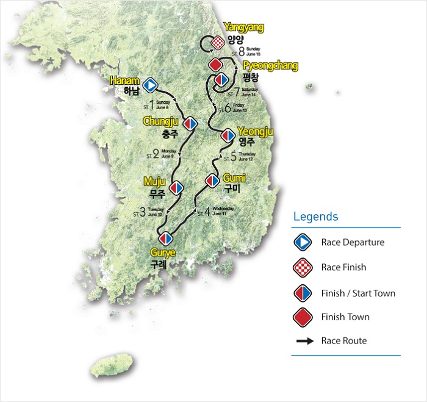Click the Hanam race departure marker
(150, 84)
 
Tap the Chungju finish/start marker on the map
(190, 123)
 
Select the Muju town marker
(176, 187)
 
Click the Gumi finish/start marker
(212, 181)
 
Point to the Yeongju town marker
(228, 135)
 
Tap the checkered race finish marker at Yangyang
(218, 43)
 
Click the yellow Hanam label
(126, 81)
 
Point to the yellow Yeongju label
(255, 131)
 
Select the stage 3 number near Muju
(143, 213)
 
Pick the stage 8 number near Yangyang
(241, 52)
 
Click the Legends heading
(315, 217)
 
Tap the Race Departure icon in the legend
(303, 243)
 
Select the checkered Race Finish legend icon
(303, 268)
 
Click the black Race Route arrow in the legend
(304, 341)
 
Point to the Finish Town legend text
(345, 317)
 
